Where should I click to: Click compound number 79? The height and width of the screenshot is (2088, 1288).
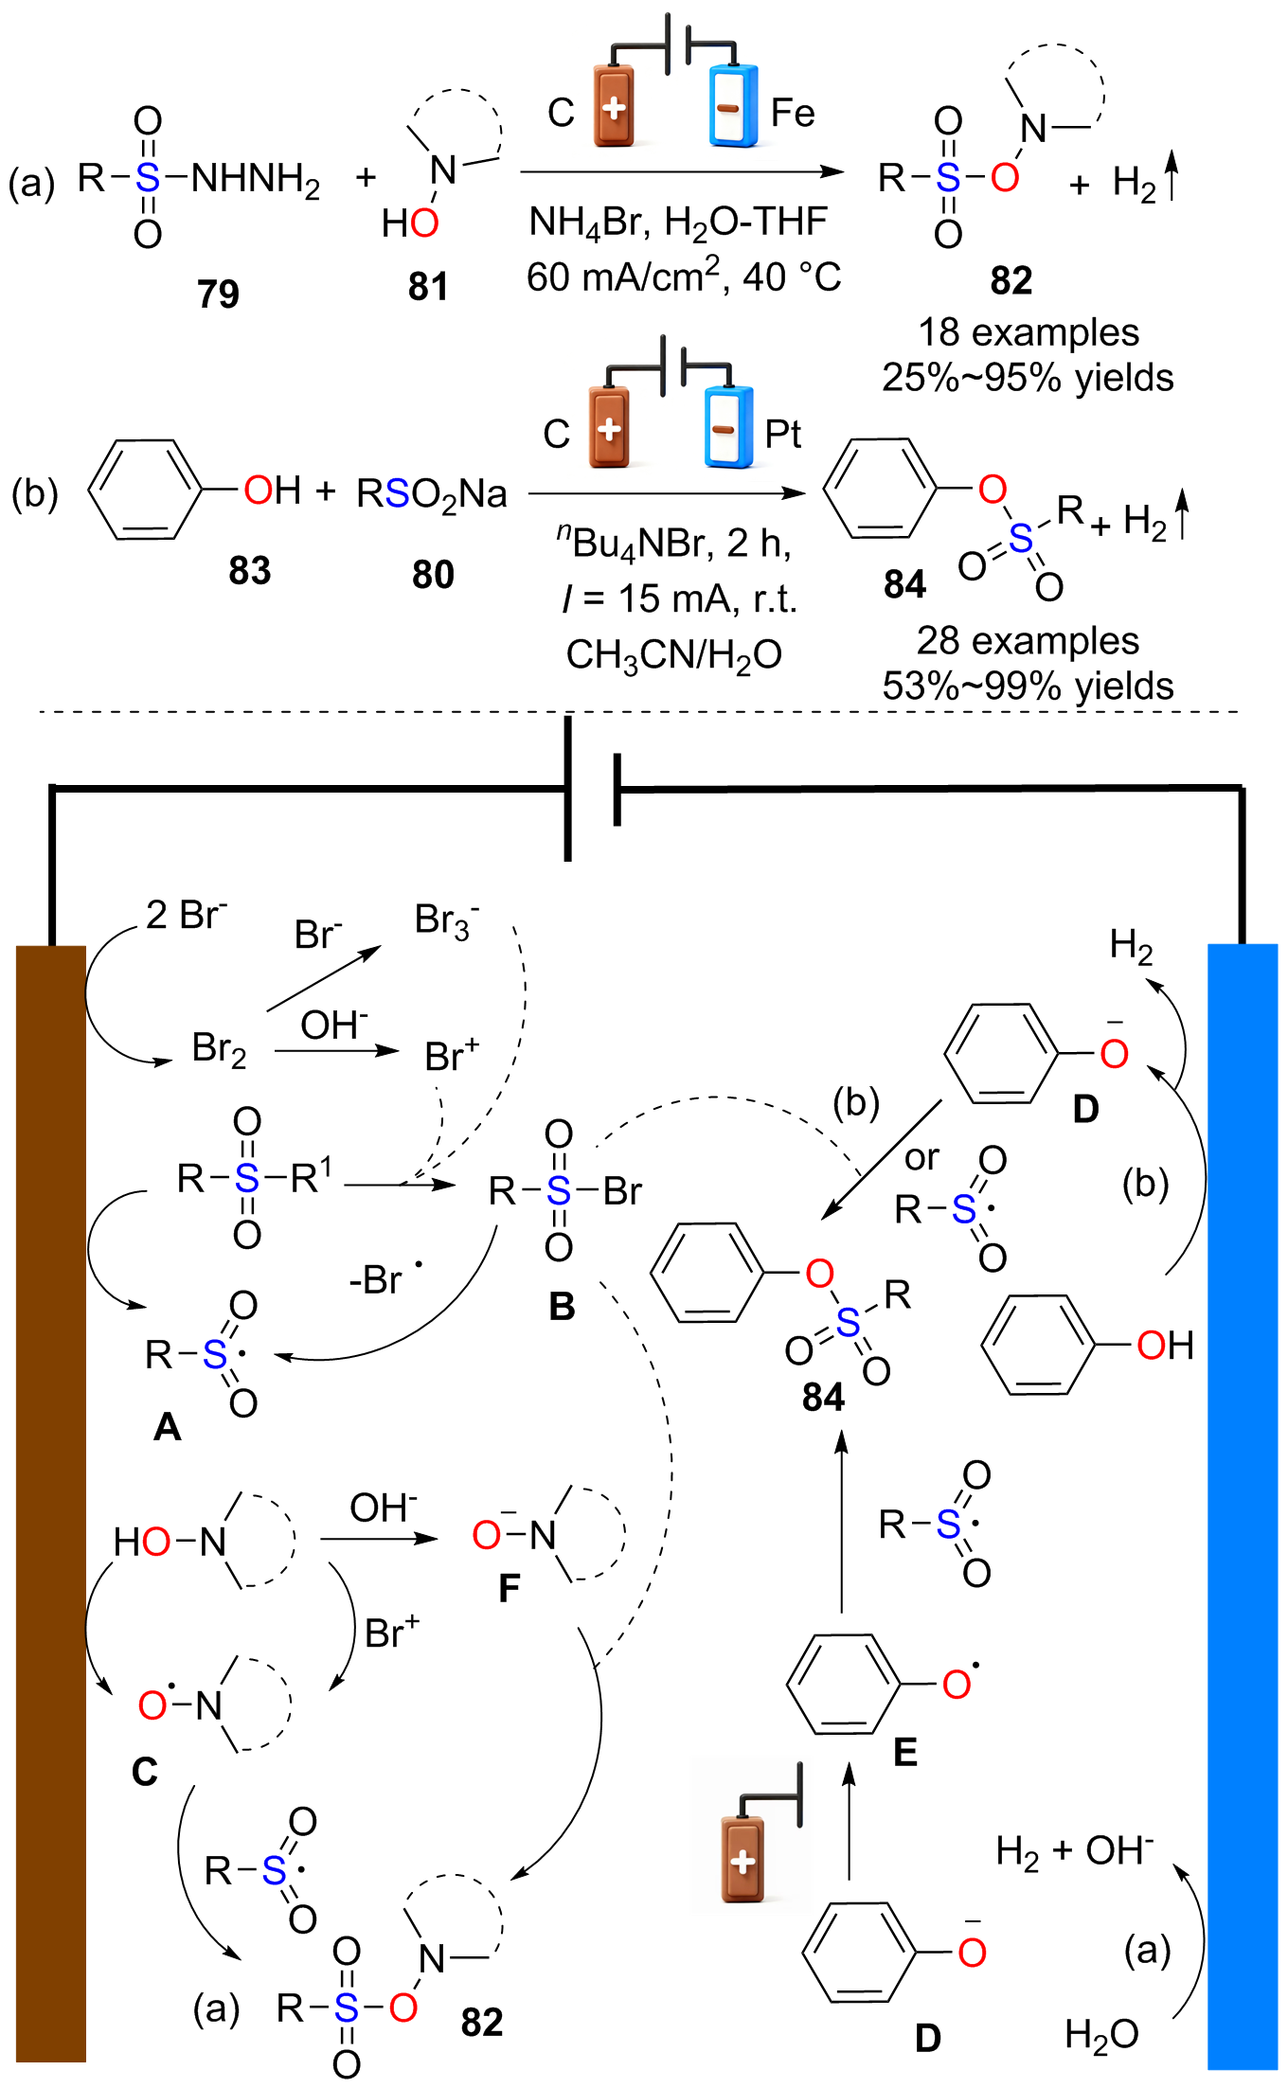click(218, 294)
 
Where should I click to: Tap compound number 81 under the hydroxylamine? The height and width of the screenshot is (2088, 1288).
click(428, 286)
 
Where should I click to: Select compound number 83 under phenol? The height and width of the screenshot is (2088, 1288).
click(250, 570)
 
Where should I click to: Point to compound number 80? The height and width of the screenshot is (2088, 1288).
click(433, 574)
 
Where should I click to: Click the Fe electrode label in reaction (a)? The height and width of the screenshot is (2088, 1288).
click(793, 113)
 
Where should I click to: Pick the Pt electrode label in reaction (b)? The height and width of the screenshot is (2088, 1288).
click(783, 434)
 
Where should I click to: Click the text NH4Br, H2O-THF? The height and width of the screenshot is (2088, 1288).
click(678, 223)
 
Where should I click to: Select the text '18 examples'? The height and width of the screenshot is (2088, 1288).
click(1029, 332)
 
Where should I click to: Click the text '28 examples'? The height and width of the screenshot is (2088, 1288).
click(1028, 641)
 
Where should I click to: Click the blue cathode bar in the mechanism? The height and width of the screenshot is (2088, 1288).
click(1243, 1506)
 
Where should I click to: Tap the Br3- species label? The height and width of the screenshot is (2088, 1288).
click(447, 920)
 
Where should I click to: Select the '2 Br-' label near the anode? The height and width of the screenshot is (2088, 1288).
click(187, 915)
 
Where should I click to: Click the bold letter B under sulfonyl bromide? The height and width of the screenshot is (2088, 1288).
click(562, 1307)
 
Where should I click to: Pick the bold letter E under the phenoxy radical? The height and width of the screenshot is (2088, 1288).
click(905, 1753)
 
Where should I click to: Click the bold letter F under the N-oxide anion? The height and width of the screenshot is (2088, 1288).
click(510, 1588)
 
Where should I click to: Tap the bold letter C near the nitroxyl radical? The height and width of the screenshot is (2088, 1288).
click(145, 1772)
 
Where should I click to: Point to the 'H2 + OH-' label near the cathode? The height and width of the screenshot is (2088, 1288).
click(1075, 1851)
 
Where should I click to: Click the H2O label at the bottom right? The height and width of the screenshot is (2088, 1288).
click(1101, 2035)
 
